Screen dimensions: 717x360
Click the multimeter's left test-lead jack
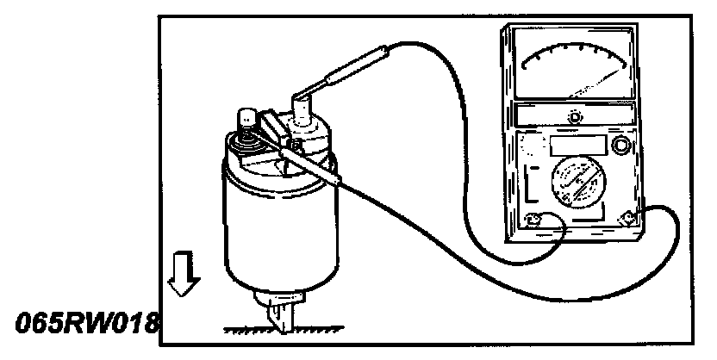tap(533, 220)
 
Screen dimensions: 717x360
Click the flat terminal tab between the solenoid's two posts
tap(273, 129)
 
